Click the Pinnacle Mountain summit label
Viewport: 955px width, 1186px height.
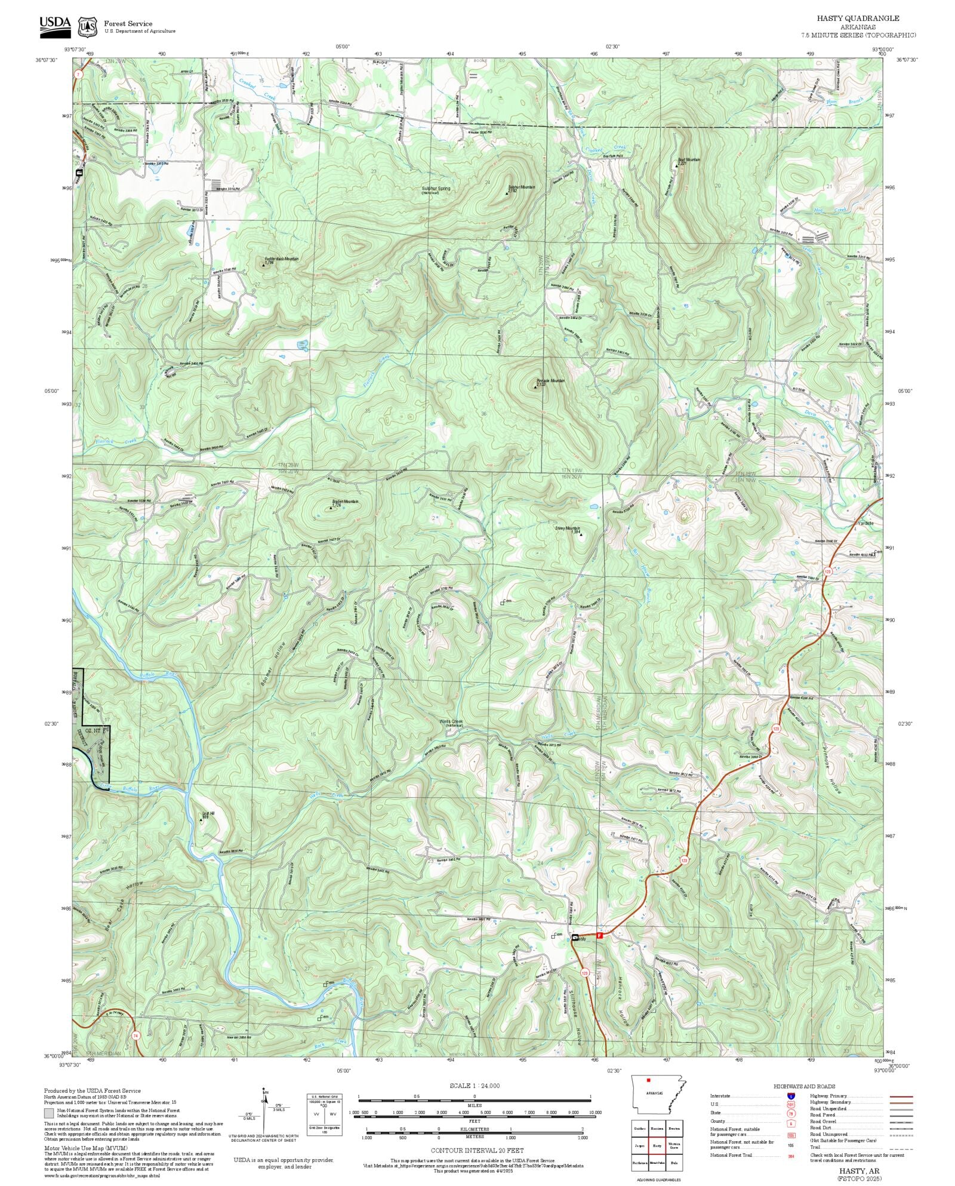pos(550,380)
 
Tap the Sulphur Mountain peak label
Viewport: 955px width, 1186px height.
pos(521,187)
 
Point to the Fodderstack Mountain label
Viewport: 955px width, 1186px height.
pos(282,259)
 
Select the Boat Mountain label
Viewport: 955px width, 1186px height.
pos(689,160)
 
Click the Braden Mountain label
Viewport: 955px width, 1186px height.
pos(345,502)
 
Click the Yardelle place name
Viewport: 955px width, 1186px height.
pos(865,523)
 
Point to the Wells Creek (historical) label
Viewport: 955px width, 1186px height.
pos(451,722)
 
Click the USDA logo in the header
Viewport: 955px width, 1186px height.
pos(55,27)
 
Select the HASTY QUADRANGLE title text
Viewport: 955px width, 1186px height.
pos(858,19)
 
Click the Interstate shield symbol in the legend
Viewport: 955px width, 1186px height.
pos(790,1096)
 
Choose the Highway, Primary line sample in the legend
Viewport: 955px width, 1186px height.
pos(901,1096)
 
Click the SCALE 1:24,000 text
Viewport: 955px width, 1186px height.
pos(475,1086)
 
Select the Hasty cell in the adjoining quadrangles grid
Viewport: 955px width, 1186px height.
pos(657,1146)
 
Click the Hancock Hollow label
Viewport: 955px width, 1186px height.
pos(622,1010)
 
